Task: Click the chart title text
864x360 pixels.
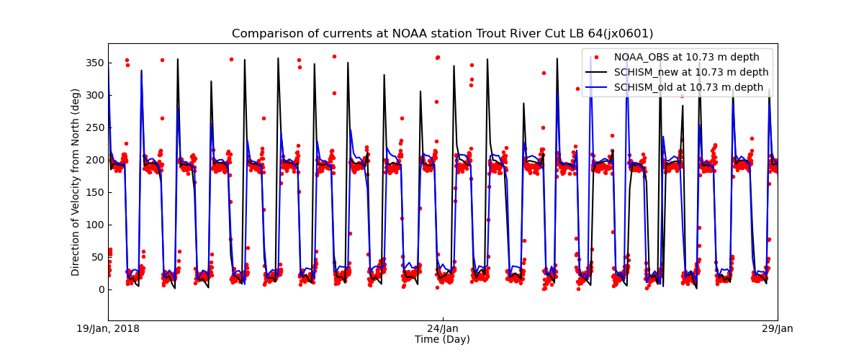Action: click(442, 34)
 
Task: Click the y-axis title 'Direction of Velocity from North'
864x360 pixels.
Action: click(76, 182)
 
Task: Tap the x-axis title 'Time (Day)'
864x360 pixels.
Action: click(442, 339)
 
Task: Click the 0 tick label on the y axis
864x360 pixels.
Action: click(102, 289)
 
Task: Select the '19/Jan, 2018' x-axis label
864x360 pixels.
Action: click(109, 329)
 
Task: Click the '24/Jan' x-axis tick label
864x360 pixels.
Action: click(443, 329)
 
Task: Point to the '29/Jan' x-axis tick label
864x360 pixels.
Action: click(778, 329)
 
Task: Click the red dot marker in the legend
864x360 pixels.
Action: click(596, 57)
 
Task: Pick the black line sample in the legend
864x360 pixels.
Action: click(596, 72)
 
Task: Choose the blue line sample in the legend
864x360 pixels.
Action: click(596, 87)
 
